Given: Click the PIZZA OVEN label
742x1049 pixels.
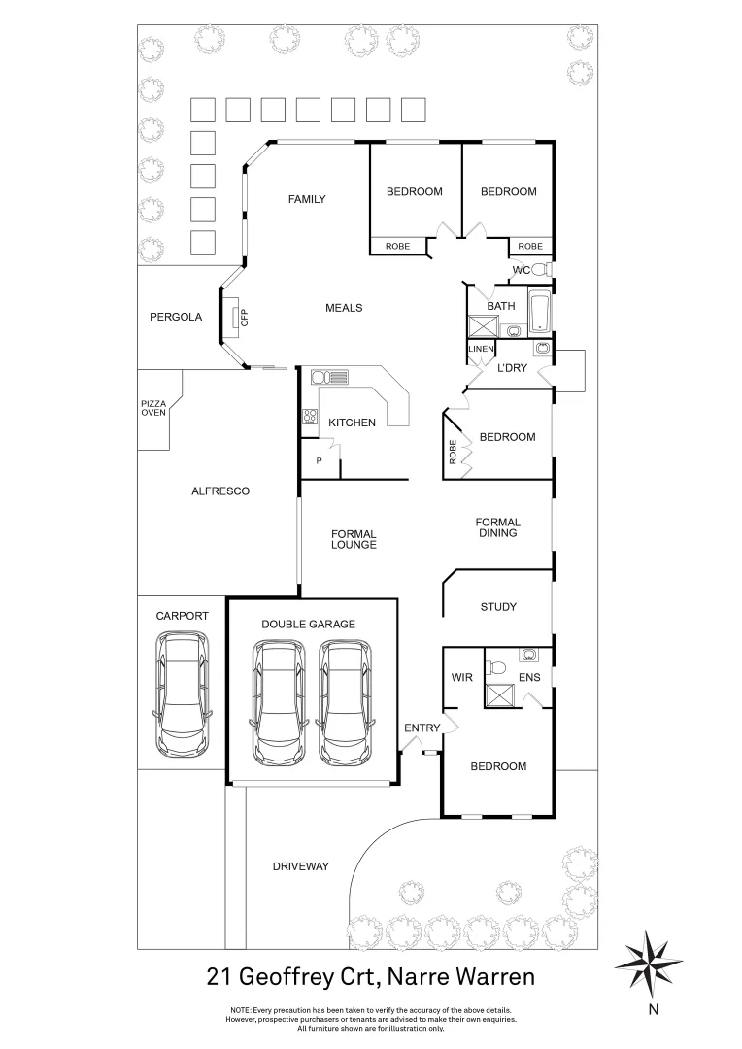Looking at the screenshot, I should pos(153,408).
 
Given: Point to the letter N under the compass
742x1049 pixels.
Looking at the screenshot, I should pos(654,1009).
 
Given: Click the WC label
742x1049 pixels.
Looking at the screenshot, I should pos(521,270).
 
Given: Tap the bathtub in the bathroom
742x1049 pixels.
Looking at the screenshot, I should pos(540,312).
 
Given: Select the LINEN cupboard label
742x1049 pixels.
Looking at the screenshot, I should pos(482,349).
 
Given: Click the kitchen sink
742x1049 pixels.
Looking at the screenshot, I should pos(330,377).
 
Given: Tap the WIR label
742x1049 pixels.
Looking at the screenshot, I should pos(462,677).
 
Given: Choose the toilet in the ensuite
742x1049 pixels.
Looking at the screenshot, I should pos(497,667).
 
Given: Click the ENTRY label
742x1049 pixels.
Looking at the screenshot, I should pos(422,728).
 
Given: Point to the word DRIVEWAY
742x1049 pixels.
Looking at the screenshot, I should pos(301,866).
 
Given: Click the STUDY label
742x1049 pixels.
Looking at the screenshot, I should pos(498,607).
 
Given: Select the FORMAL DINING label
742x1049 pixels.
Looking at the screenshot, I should pos(497,527).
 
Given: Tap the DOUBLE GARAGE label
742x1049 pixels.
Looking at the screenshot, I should pos(310,625).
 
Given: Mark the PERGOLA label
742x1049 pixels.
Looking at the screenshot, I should pos(176,317).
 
